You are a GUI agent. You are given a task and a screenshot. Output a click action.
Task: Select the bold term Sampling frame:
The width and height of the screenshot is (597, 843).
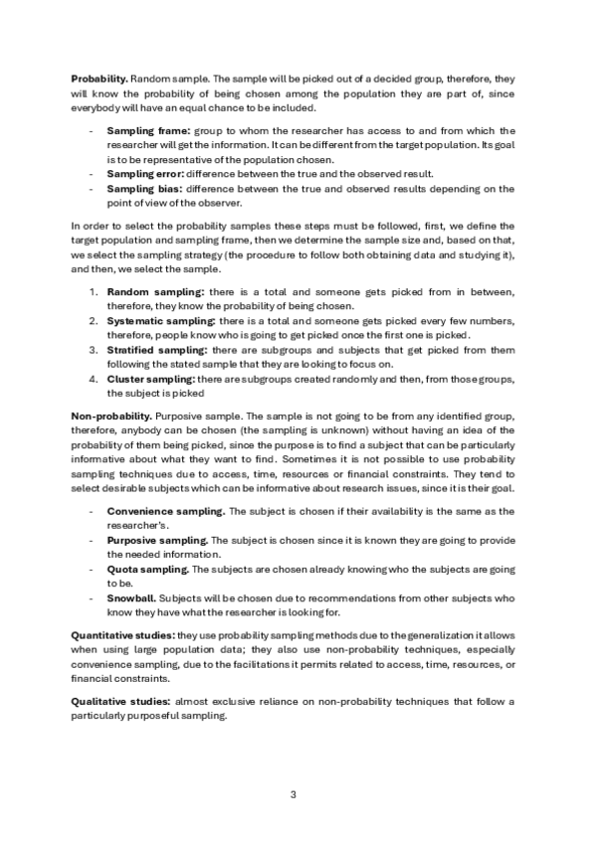click(143, 130)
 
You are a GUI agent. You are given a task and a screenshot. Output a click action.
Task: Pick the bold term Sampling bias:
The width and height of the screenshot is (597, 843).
click(141, 187)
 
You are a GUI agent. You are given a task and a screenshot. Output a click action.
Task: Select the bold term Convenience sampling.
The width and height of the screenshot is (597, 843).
click(166, 511)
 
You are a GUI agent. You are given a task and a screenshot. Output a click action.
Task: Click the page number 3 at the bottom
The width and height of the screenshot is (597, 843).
click(293, 794)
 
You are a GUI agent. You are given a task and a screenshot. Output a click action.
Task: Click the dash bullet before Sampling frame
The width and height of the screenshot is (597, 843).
click(92, 130)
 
